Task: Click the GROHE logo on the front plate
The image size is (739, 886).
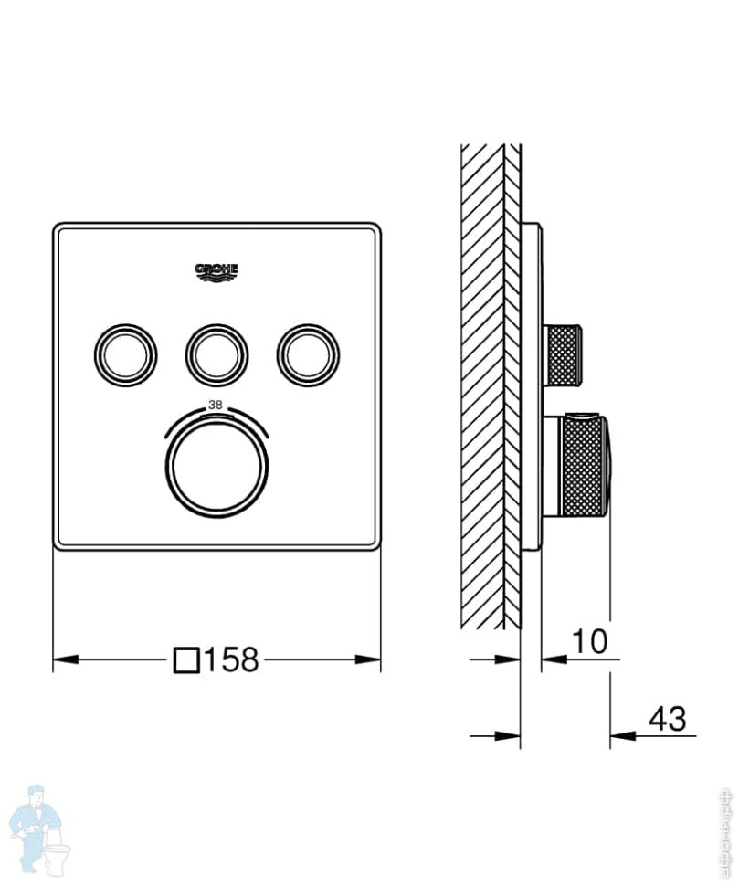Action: [216, 271]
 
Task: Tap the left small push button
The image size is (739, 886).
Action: [124, 353]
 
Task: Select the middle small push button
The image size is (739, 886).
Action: [216, 353]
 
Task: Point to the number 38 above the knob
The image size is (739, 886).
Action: [216, 405]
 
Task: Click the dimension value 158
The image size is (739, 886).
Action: [231, 659]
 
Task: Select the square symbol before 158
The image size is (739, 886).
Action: [186, 659]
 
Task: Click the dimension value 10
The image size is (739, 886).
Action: [589, 641]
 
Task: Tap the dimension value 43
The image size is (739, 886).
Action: [667, 719]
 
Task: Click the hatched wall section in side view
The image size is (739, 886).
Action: [484, 384]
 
